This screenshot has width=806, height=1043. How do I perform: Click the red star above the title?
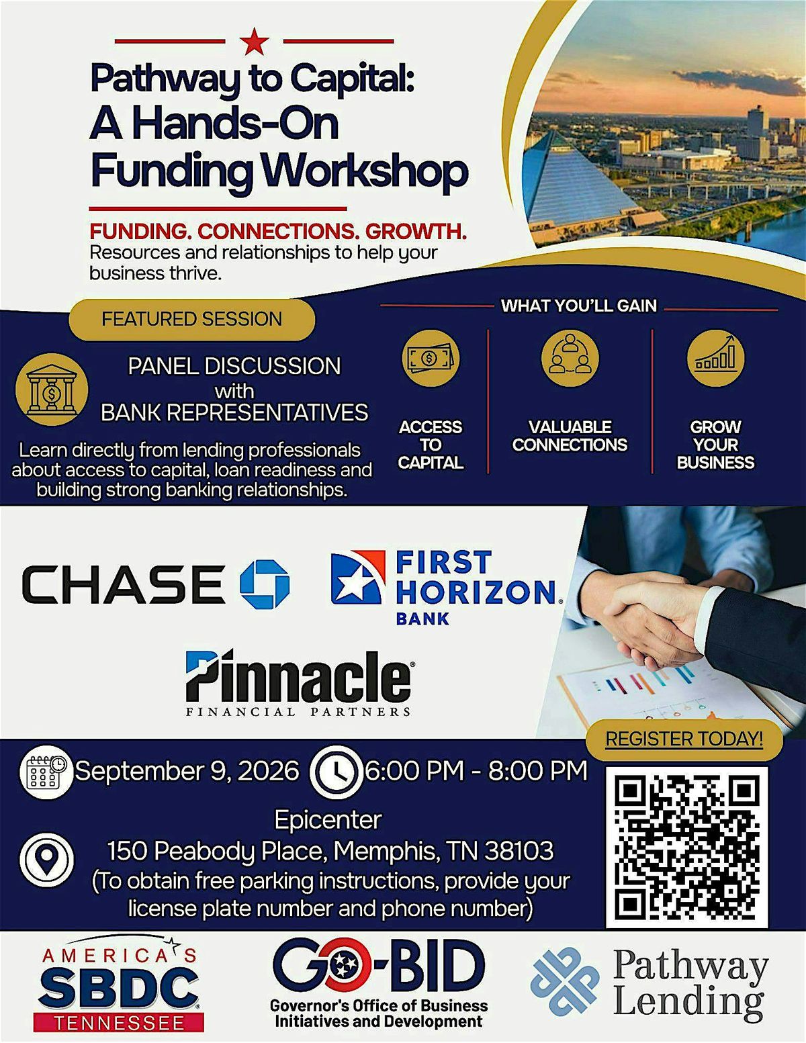[x=254, y=41]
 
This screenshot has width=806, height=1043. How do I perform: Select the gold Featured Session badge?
[x=192, y=319]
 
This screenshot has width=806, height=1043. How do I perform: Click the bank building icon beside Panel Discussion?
[x=52, y=390]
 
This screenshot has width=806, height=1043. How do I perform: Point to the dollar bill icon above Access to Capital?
[x=430, y=358]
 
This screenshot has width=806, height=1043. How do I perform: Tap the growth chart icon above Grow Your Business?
[x=715, y=358]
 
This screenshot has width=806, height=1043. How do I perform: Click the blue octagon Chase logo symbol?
[x=265, y=584]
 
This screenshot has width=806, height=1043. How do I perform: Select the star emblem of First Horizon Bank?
[x=358, y=577]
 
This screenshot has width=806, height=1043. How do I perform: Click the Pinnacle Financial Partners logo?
[x=299, y=682]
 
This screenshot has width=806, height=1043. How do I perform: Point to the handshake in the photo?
[x=653, y=624]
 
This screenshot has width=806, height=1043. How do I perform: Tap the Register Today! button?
[x=684, y=739]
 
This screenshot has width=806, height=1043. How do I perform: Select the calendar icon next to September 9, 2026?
[x=46, y=772]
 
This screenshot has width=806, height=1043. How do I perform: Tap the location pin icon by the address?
[x=46, y=860]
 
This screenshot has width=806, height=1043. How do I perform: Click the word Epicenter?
[x=328, y=820]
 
